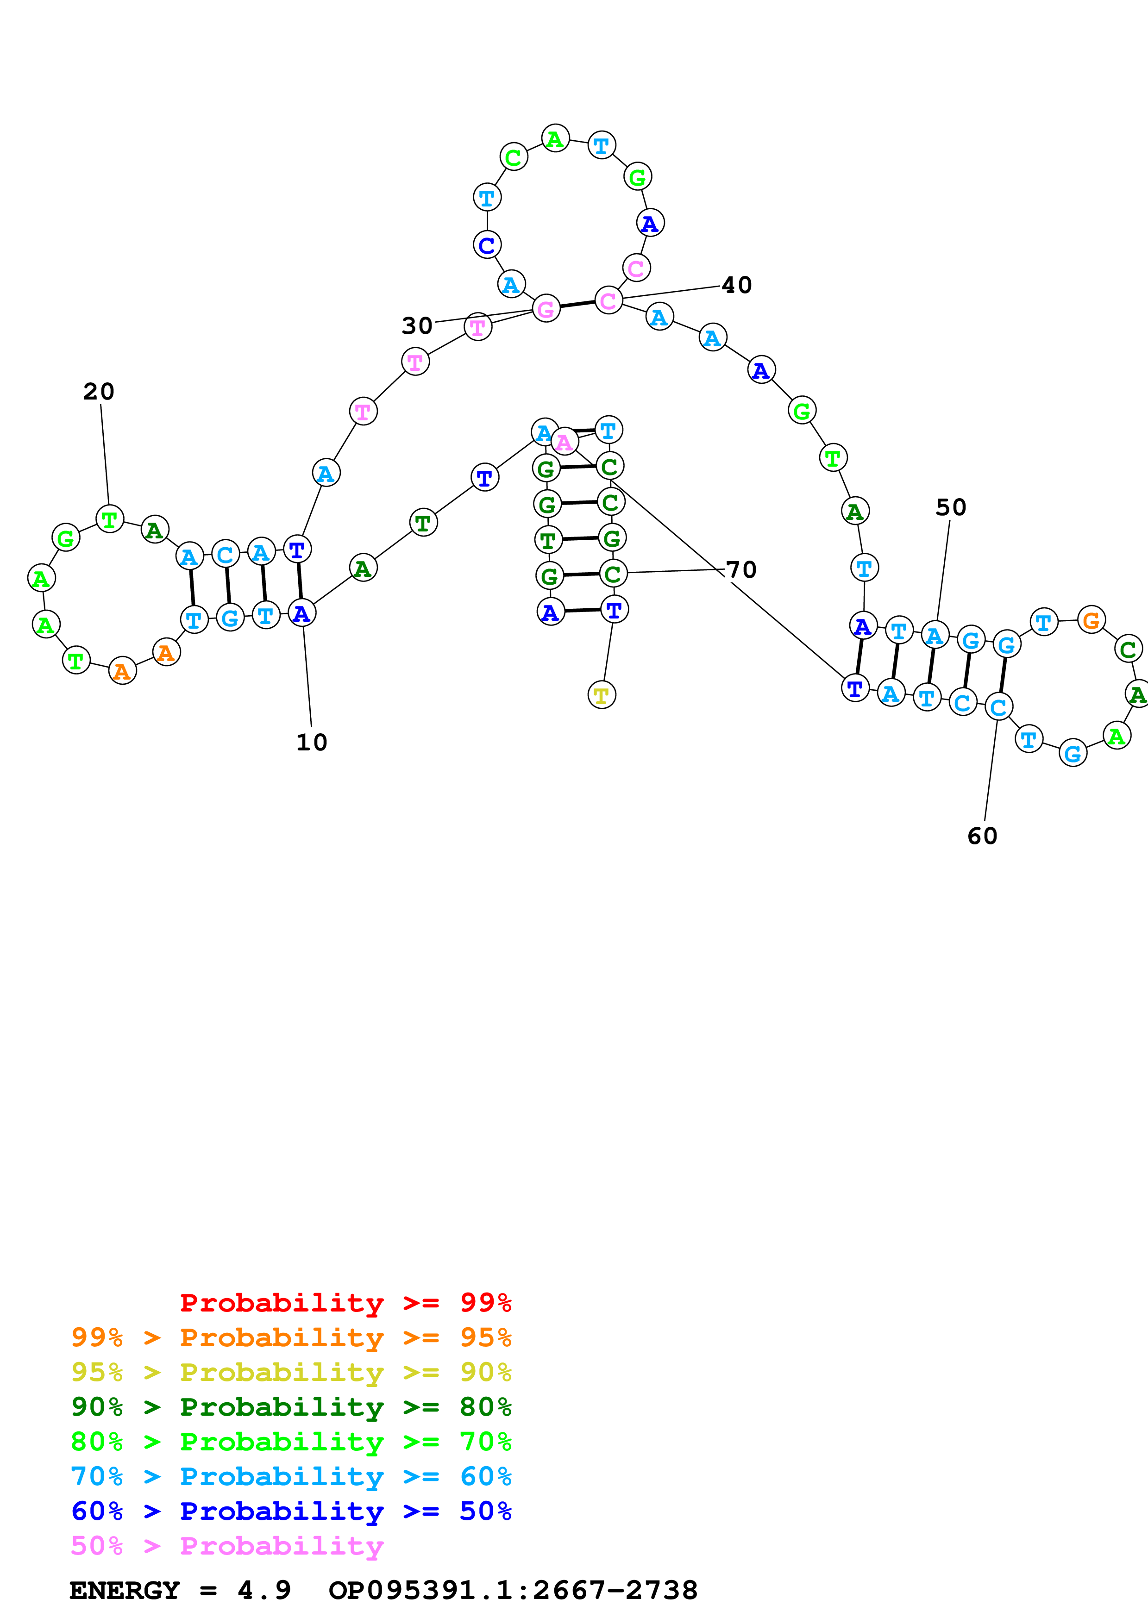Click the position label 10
(311, 742)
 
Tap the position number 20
(98, 391)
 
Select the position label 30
(417, 325)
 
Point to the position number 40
(736, 285)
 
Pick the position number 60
(982, 836)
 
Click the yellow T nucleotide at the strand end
(601, 695)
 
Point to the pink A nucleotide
(564, 442)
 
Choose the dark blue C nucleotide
(487, 245)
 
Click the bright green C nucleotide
(513, 156)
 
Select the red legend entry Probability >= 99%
(345, 1302)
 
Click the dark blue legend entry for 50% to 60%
(291, 1511)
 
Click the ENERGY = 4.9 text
(180, 1590)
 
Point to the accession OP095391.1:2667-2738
(513, 1590)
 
